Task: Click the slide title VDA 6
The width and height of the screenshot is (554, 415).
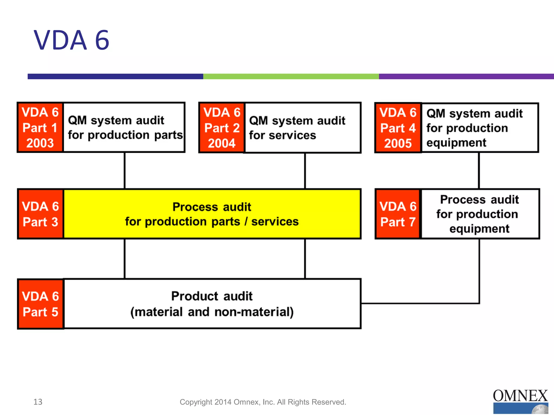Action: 71,41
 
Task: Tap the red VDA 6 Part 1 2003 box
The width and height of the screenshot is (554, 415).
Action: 40,128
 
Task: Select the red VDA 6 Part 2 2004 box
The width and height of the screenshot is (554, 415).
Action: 222,128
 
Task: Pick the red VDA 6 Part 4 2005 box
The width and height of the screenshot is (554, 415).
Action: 398,128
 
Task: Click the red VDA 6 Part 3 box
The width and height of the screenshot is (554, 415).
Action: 40,214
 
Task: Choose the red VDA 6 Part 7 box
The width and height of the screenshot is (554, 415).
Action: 398,214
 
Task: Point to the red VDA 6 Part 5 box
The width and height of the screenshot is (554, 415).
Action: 40,304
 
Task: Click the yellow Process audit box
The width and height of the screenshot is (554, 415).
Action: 212,214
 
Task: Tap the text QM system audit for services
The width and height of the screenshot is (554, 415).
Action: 297,128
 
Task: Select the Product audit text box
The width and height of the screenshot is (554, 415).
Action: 212,304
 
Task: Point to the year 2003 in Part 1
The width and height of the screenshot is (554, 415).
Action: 40,143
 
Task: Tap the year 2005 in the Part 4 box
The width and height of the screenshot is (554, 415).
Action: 398,143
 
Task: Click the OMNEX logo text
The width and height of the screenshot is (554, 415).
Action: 520,396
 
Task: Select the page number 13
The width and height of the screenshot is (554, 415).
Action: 38,402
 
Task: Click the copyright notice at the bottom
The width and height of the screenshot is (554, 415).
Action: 263,402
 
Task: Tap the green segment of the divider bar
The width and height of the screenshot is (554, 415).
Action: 291,76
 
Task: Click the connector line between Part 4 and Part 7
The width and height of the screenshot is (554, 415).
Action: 479,171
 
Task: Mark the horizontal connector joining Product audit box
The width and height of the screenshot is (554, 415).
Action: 419,303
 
